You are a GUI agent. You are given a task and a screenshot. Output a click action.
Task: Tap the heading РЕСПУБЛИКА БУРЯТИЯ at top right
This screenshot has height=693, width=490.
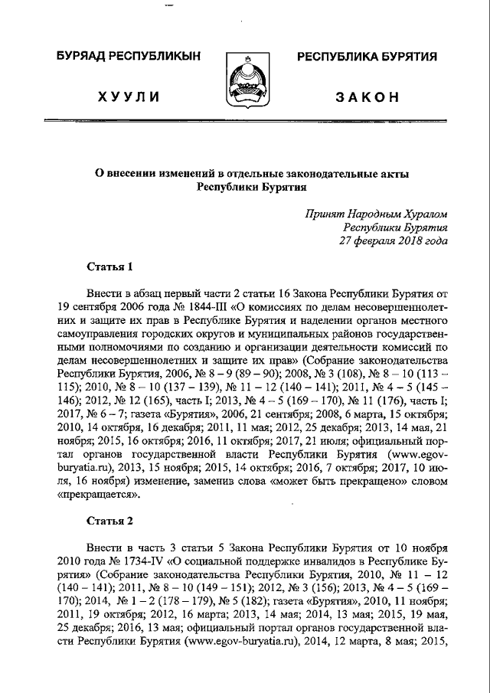pos(367,57)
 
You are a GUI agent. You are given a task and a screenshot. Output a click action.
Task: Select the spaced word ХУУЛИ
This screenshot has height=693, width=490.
pos(128,96)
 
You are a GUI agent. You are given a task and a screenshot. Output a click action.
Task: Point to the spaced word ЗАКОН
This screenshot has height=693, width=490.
pos(367,96)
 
